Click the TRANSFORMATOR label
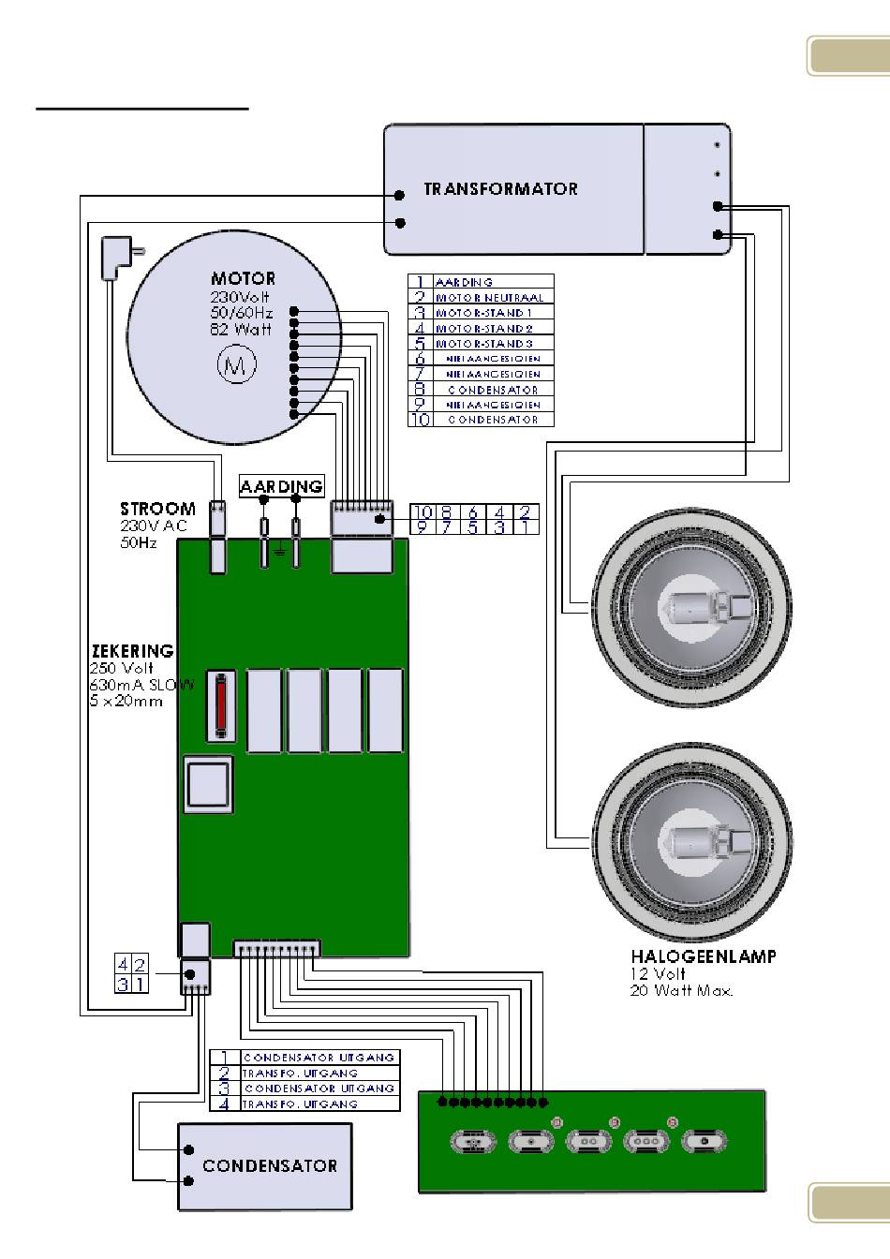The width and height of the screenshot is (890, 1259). tap(500, 188)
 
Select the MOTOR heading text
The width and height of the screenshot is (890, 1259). tap(243, 278)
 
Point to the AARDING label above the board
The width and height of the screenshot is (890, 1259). tap(281, 486)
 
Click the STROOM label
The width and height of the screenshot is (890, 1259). tap(157, 509)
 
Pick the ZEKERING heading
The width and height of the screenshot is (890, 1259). tap(132, 651)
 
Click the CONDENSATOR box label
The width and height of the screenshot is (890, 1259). tap(270, 1165)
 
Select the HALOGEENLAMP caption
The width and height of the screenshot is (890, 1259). tap(703, 957)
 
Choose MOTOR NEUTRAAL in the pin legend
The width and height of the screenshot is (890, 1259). tap(488, 298)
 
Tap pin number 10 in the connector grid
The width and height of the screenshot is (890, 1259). tap(422, 511)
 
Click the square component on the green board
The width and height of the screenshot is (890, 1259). tap(209, 786)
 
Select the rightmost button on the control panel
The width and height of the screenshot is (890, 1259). tap(703, 1142)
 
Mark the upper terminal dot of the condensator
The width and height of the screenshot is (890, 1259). tap(188, 1149)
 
